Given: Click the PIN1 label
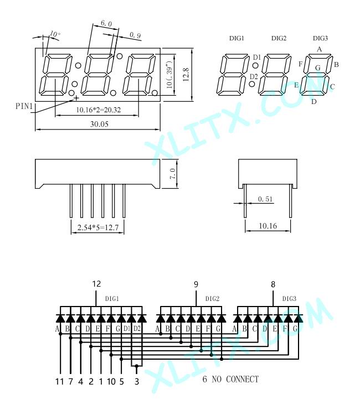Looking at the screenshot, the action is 24,106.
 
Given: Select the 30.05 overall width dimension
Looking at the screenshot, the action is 99,124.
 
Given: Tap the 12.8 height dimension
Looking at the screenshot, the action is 186,74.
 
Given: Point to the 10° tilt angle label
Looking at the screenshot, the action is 55,34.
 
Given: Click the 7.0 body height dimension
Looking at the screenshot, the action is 172,174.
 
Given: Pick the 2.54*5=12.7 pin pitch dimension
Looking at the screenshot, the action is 97,227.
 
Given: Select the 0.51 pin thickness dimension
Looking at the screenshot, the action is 265,199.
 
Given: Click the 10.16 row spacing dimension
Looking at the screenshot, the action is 268,226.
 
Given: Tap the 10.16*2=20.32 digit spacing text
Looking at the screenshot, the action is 98,110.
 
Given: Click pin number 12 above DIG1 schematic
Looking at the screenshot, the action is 96,284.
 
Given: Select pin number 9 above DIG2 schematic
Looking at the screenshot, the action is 196,284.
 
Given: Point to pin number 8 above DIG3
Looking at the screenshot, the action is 273,284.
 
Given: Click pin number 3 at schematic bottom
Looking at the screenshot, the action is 137,381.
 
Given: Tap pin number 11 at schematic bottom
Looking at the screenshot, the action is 60,381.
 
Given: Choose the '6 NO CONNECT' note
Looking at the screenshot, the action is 230,379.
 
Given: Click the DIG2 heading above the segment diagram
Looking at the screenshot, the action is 279,38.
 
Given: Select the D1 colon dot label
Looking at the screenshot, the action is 257,57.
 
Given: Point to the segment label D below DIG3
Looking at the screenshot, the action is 313,102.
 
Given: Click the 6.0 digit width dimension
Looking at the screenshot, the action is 106,23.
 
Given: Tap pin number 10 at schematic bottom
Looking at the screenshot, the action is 111,381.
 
